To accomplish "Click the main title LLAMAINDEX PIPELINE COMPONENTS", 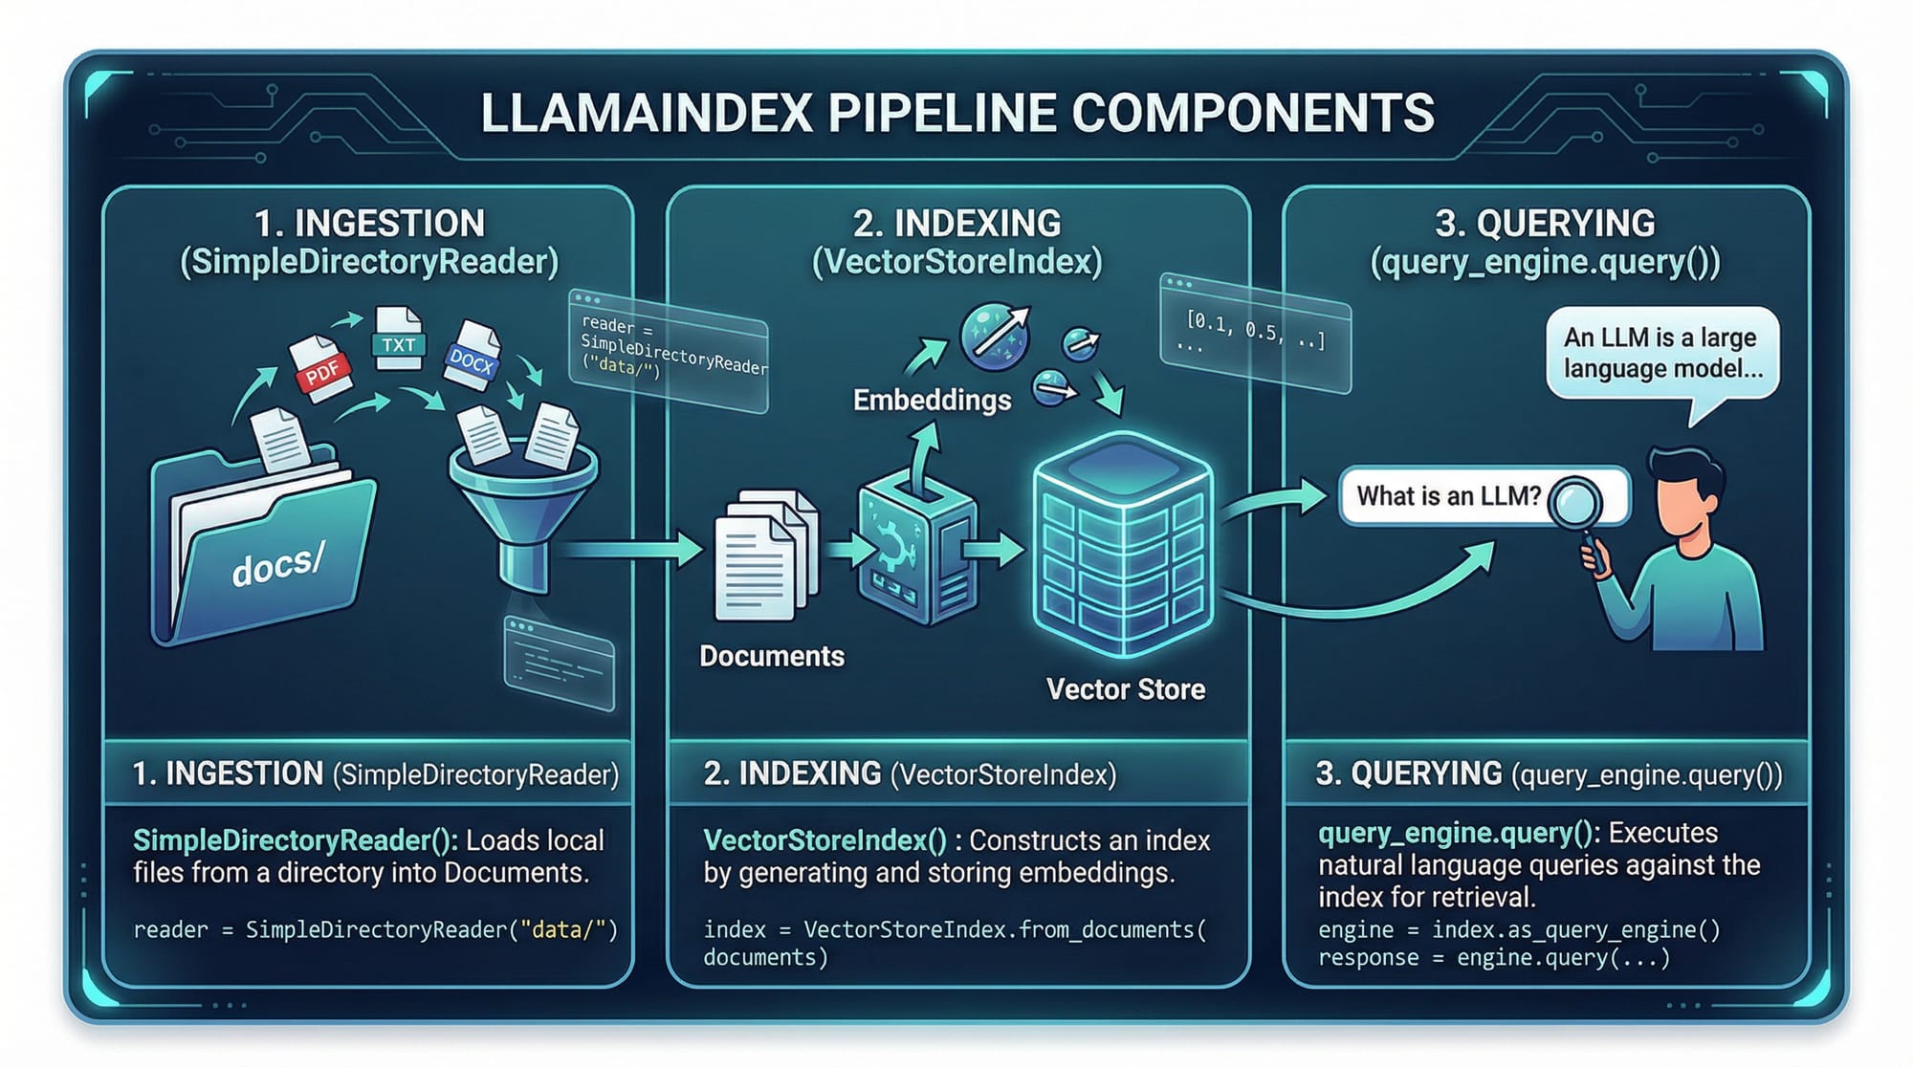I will [956, 113].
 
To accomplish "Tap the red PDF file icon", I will [321, 367].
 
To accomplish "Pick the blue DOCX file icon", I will [472, 356].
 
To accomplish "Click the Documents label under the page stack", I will [772, 656].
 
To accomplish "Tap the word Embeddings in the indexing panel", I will [932, 400].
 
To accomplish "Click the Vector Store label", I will [1125, 689].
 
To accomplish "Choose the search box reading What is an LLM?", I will [1449, 495].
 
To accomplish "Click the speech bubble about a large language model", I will [1662, 354].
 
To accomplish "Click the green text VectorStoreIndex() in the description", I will [825, 840].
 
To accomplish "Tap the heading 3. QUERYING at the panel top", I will [1545, 223].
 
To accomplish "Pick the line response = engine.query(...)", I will [1493, 958].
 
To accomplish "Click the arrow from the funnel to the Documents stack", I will [631, 549].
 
